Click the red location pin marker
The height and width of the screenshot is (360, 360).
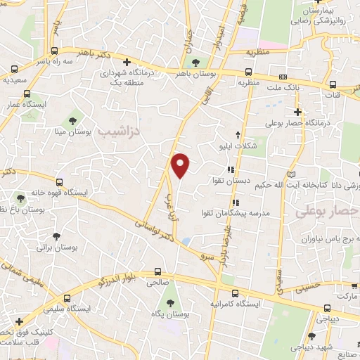181,165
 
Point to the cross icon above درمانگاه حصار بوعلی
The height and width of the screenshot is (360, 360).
298,111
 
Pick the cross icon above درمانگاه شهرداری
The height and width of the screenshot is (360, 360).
127,62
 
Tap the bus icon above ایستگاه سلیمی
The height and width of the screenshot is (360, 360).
67,297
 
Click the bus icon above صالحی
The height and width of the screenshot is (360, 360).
157,271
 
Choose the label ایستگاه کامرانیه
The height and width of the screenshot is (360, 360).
235,304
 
